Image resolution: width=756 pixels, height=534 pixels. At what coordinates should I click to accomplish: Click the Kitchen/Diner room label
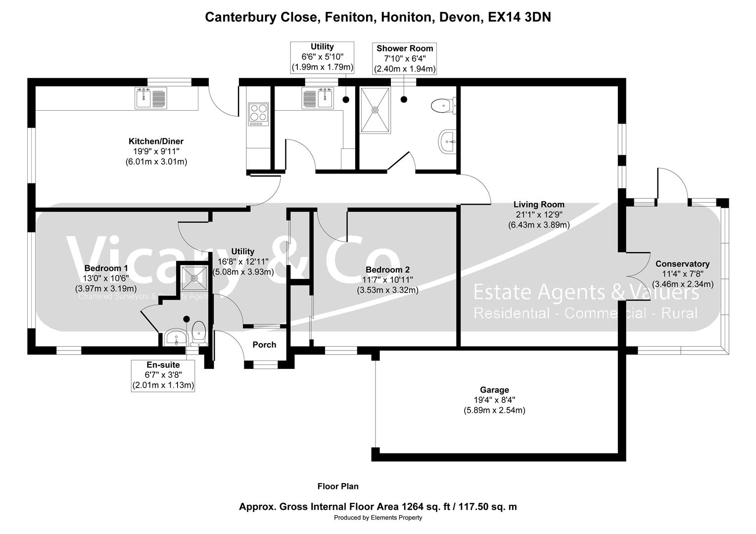pos(156,142)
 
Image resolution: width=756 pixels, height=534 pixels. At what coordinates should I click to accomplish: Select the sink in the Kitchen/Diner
pos(151,98)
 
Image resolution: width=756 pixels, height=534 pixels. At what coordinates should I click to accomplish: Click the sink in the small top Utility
pos(318,98)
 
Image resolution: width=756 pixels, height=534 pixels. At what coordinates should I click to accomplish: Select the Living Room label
pos(539,204)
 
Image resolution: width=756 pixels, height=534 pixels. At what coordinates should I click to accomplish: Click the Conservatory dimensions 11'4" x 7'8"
pos(682,274)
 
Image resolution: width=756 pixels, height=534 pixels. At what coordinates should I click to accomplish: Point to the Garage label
pos(494,390)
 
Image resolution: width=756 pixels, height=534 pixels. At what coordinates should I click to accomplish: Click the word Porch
pos(264,345)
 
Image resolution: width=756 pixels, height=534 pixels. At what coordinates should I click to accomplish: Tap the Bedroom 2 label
pos(387,270)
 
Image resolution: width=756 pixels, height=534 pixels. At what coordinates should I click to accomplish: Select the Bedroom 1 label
pos(106,268)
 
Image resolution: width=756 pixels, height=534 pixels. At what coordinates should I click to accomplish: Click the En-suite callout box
pos(163,375)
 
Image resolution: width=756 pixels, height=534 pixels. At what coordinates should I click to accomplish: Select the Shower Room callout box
pos(405,58)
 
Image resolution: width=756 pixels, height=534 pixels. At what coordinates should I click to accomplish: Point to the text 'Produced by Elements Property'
pos(378,518)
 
